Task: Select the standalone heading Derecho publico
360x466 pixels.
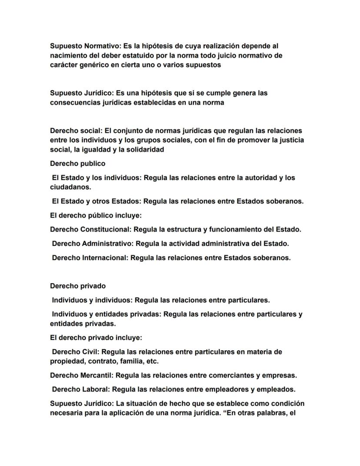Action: (x=77, y=164)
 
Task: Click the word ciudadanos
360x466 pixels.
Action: (x=70, y=187)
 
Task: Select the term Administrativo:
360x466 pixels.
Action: (x=108, y=244)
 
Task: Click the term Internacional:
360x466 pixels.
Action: (x=105, y=258)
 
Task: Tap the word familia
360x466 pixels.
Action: (x=131, y=361)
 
